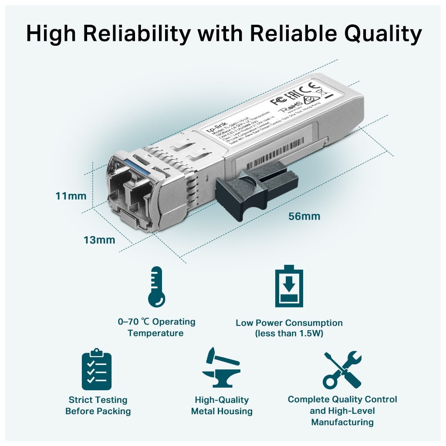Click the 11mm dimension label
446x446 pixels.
point(71,196)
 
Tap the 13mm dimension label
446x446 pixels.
point(99,240)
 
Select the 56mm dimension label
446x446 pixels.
point(304,216)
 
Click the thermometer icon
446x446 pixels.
point(156,287)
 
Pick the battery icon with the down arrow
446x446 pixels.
point(289,287)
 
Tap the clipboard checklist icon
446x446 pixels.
point(97,369)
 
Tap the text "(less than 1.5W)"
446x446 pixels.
point(289,334)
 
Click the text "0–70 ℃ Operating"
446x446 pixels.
point(156,322)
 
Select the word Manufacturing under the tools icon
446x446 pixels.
point(342,422)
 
